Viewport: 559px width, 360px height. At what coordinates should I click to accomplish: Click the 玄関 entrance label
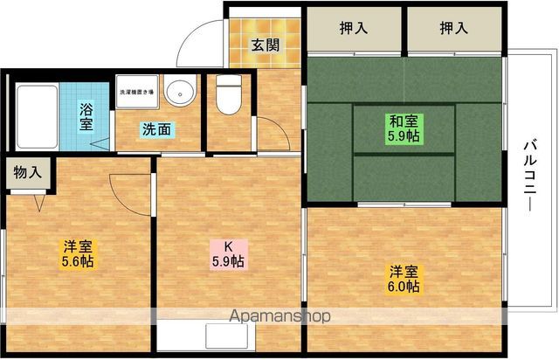[x=266, y=45]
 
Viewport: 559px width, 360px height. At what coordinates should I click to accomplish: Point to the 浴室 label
[x=86, y=117]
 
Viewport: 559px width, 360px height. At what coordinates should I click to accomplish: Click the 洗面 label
[x=157, y=130]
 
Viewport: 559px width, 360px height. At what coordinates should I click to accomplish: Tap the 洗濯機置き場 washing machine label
[x=137, y=91]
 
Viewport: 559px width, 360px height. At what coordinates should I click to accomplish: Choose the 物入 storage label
[x=27, y=172]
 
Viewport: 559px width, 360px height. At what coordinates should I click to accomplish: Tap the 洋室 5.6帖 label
[x=78, y=254]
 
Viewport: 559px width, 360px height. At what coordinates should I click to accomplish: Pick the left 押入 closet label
[x=353, y=27]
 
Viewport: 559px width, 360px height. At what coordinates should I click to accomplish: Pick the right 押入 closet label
[x=452, y=27]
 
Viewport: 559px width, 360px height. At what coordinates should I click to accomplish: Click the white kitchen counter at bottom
[x=229, y=336]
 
